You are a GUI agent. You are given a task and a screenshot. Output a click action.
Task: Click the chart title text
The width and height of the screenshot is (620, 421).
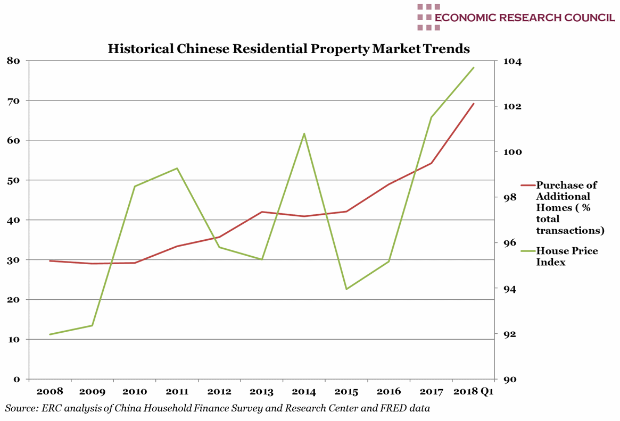(x=288, y=49)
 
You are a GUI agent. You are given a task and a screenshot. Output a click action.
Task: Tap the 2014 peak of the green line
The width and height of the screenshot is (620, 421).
(x=304, y=133)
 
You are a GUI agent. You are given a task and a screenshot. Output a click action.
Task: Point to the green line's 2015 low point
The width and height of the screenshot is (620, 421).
(x=346, y=289)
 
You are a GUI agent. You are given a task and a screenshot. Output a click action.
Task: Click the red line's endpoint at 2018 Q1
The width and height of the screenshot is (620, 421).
(x=474, y=104)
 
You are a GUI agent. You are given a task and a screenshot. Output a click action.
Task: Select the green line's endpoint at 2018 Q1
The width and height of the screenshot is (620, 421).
(x=474, y=68)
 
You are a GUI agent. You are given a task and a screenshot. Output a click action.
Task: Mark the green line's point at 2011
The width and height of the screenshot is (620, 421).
(x=177, y=169)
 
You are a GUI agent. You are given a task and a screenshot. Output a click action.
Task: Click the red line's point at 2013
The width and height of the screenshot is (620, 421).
(x=262, y=212)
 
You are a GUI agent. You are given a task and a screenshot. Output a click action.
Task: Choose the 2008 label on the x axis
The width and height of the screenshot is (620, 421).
(x=49, y=392)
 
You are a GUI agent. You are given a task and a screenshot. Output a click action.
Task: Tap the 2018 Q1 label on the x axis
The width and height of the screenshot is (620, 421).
(x=473, y=392)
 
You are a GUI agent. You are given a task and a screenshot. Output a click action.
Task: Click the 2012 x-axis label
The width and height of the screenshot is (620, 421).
(x=219, y=392)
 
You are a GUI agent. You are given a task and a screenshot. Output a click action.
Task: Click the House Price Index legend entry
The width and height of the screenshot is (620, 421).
(x=567, y=256)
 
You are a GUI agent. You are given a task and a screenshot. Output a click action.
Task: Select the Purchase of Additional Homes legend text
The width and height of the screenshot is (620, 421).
(x=569, y=207)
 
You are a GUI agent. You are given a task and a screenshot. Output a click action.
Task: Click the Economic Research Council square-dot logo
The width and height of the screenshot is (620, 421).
(x=428, y=17)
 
